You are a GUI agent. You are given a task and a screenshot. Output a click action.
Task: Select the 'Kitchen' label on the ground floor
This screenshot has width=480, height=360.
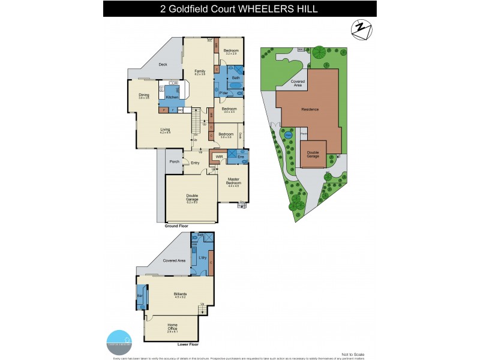click(x=172, y=97)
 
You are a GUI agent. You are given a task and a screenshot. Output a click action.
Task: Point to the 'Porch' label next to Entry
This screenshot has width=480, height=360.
click(x=175, y=162)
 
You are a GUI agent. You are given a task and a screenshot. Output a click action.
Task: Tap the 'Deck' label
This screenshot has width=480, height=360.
click(x=162, y=65)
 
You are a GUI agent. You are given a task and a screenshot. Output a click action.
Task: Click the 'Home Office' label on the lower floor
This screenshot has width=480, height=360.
click(x=172, y=325)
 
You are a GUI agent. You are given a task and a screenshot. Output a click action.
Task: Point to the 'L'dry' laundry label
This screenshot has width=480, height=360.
click(x=202, y=257)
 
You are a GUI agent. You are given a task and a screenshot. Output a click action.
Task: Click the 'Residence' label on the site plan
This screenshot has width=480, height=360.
click(x=310, y=109)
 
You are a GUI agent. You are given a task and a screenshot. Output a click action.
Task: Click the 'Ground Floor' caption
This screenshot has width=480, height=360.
click(x=176, y=226)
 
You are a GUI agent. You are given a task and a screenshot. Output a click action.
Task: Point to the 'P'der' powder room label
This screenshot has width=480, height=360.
click(x=223, y=93)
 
